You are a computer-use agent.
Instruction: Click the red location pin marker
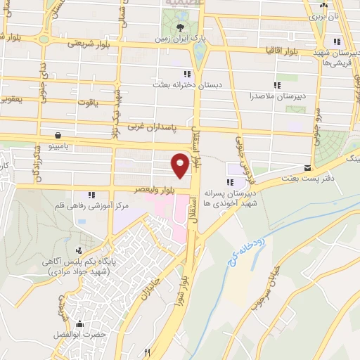[180, 165]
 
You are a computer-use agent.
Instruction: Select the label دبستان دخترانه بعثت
[188, 84]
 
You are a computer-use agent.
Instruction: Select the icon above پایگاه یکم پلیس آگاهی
[79, 250]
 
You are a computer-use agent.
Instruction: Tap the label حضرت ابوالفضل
[79, 335]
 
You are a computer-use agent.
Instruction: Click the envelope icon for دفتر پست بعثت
[307, 167]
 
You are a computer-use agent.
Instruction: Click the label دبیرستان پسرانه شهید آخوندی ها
[231, 196]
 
